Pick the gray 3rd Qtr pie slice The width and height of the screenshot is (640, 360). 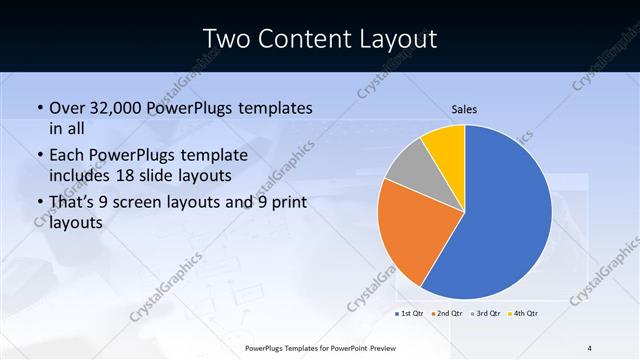pos(409,172)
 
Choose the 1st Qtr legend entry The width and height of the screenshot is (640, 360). pos(408,313)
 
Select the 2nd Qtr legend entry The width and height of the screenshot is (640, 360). pos(446,313)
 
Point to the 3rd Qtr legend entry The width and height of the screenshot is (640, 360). pos(485,313)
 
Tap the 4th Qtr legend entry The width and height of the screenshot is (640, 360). pos(523,313)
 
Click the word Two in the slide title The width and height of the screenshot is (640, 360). pos(226,39)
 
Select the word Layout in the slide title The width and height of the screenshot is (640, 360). pos(395,39)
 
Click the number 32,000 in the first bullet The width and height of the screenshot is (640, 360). pos(117,108)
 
